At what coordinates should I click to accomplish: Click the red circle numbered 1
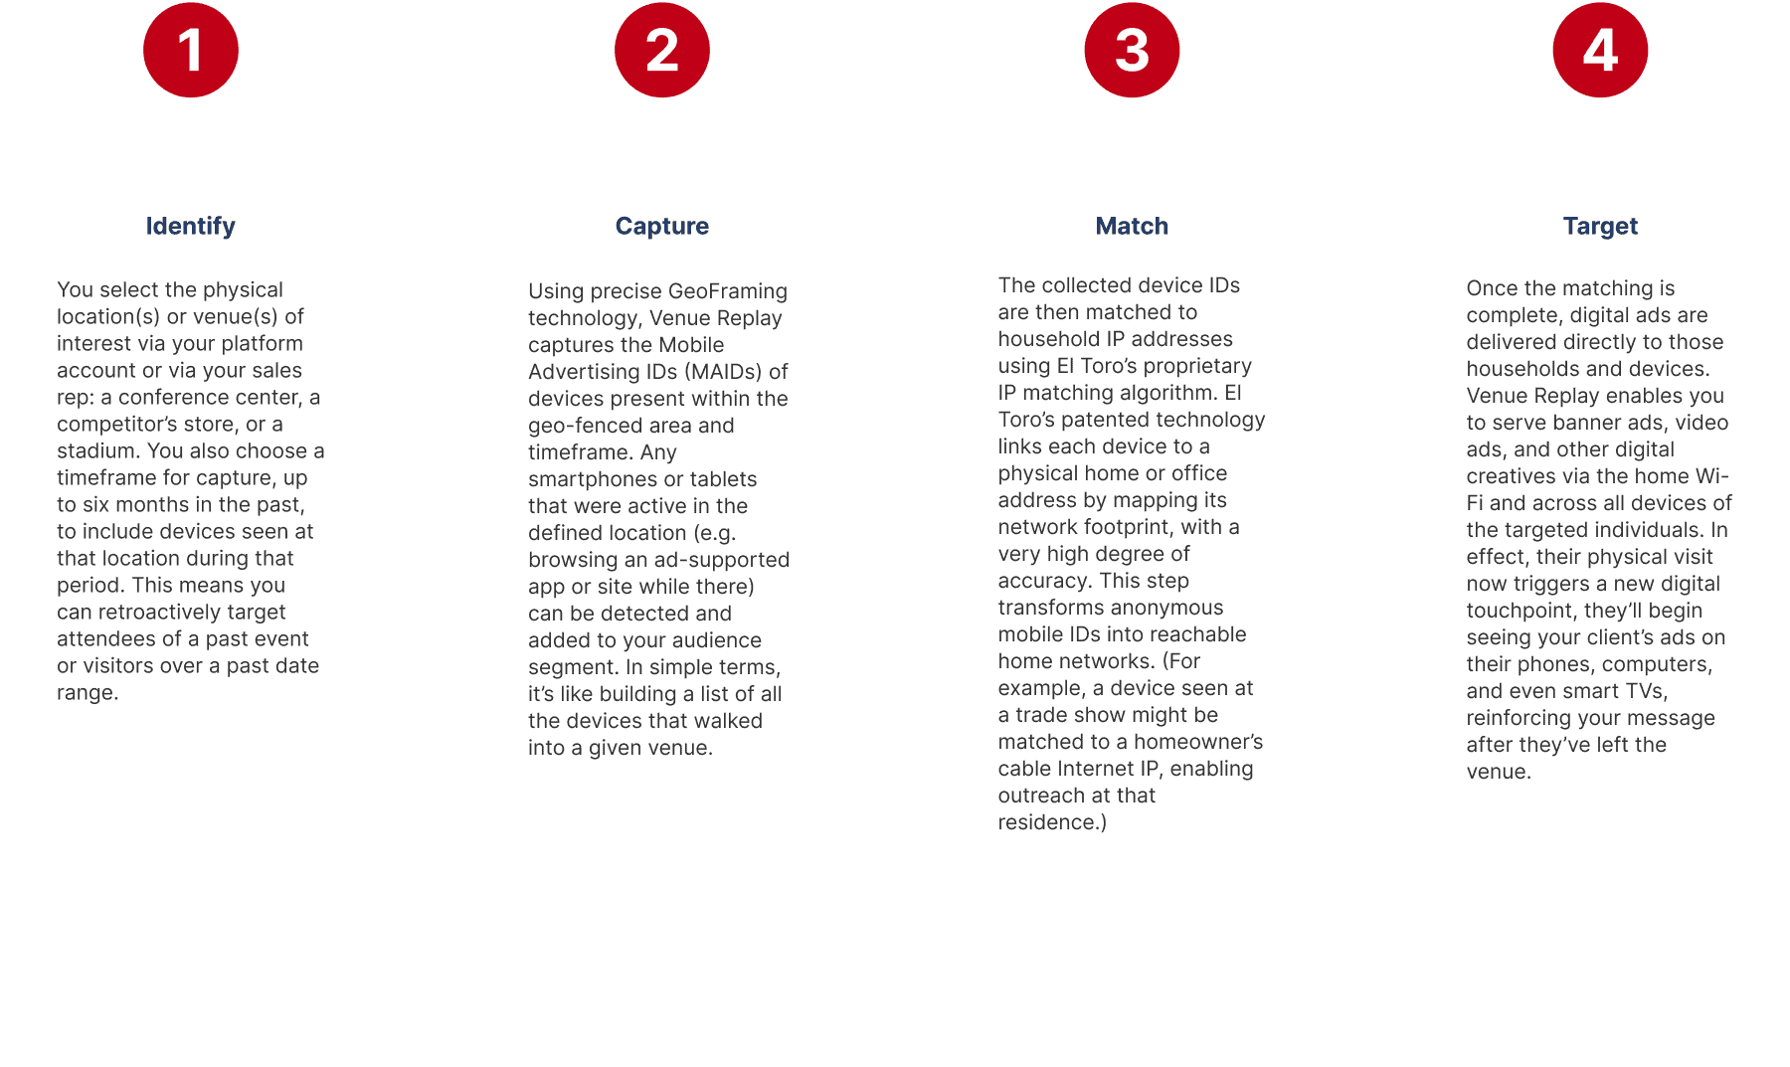click(191, 50)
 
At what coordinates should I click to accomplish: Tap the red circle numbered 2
click(662, 50)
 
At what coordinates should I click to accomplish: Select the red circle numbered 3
click(1132, 50)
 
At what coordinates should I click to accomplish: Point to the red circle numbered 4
click(1600, 50)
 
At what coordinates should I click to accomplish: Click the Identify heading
click(191, 227)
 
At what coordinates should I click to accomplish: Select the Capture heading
click(662, 227)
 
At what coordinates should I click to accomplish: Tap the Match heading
click(1132, 227)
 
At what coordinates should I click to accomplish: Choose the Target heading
click(1600, 227)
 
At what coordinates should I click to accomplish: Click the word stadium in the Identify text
click(98, 450)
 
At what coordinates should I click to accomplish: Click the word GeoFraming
click(728, 291)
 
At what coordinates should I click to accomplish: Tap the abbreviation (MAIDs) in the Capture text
click(723, 372)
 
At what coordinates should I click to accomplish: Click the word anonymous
click(1166, 608)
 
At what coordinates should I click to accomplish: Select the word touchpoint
click(1521, 611)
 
